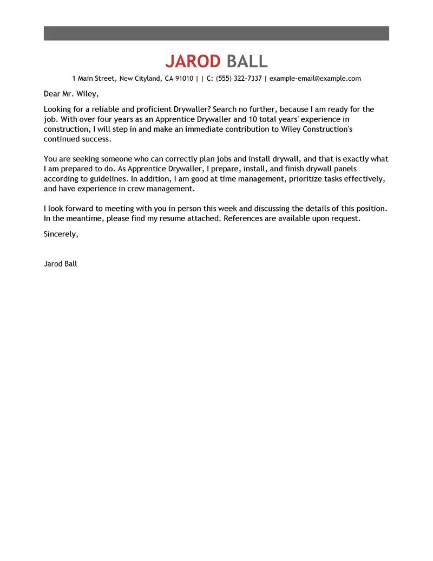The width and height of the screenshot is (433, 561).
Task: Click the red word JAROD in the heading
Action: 193,61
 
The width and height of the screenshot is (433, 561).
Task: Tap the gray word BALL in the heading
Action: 247,61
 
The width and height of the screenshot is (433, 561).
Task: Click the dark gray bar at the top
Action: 216,33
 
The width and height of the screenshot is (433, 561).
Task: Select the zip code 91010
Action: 184,79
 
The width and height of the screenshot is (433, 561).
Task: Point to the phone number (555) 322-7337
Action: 239,79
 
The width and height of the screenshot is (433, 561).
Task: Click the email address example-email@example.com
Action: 315,79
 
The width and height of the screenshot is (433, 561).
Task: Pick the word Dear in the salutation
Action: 52,94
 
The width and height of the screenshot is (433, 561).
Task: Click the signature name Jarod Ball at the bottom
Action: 60,264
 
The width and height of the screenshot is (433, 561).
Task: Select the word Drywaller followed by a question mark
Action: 192,109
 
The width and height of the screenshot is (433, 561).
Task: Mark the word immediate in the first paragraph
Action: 204,130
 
